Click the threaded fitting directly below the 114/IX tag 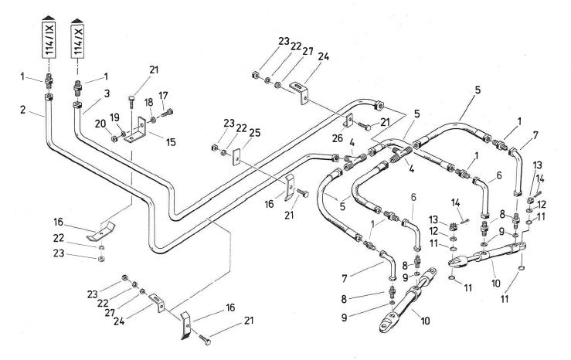coord(48,82)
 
